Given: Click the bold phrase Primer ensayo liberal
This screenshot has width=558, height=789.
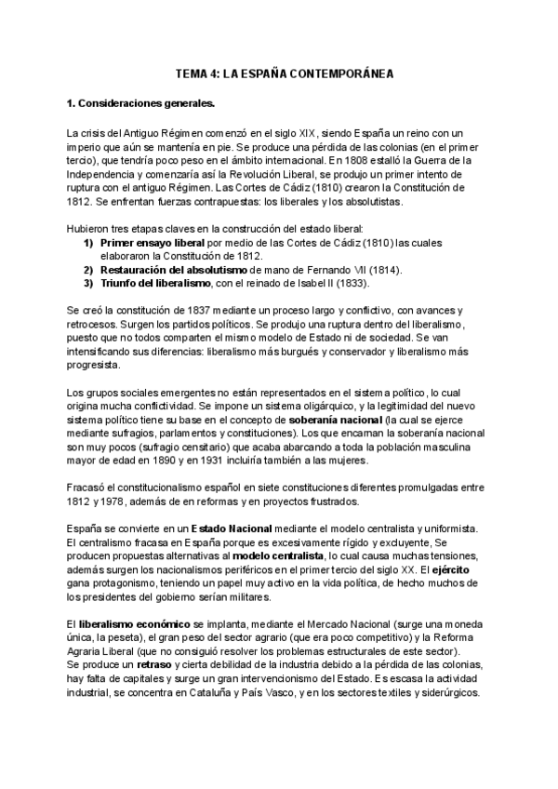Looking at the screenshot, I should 152,243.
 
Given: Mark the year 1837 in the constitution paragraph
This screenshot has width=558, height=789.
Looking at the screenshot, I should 189,310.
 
